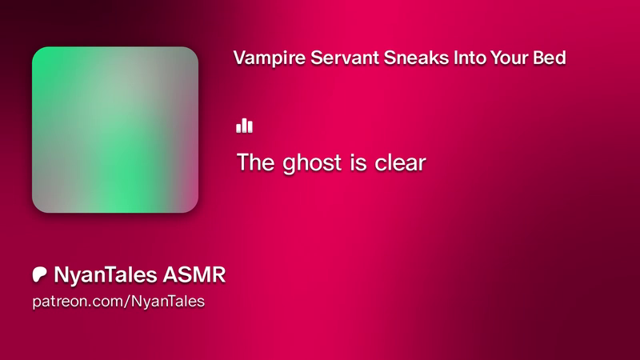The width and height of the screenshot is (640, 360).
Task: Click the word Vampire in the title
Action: (270, 58)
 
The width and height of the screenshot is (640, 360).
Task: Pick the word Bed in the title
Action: (550, 58)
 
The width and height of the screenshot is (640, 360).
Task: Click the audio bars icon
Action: (244, 126)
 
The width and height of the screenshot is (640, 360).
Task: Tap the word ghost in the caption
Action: (312, 164)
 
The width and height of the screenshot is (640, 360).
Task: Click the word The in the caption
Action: (255, 162)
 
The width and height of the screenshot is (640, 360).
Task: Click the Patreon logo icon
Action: (39, 274)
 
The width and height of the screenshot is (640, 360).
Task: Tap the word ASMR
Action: (194, 274)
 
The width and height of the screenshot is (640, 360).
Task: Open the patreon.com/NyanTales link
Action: (118, 302)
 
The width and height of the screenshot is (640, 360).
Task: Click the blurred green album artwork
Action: (115, 130)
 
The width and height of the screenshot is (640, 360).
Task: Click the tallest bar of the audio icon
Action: (244, 126)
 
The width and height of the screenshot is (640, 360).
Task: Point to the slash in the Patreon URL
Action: (127, 302)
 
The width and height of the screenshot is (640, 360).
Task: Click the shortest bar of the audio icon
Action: (238, 129)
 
